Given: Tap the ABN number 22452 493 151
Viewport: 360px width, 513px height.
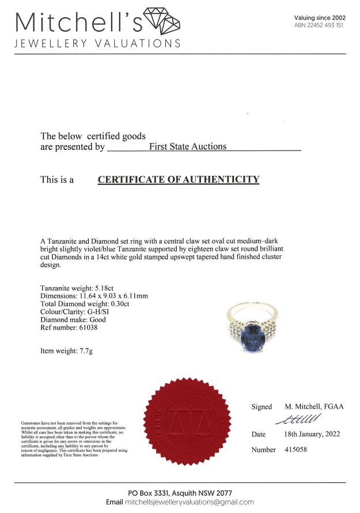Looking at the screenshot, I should (x=319, y=25).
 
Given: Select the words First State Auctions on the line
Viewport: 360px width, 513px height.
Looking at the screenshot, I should (x=188, y=146).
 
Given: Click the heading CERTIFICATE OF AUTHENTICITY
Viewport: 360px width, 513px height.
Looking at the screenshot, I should (x=179, y=180).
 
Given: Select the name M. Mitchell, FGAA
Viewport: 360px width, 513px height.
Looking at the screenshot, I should (x=314, y=406).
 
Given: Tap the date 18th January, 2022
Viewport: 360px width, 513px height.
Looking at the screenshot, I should (x=312, y=434).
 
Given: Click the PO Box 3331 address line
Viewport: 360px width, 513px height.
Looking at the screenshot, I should (x=180, y=493).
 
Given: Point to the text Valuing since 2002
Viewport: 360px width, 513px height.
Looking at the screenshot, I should (x=320, y=18).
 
